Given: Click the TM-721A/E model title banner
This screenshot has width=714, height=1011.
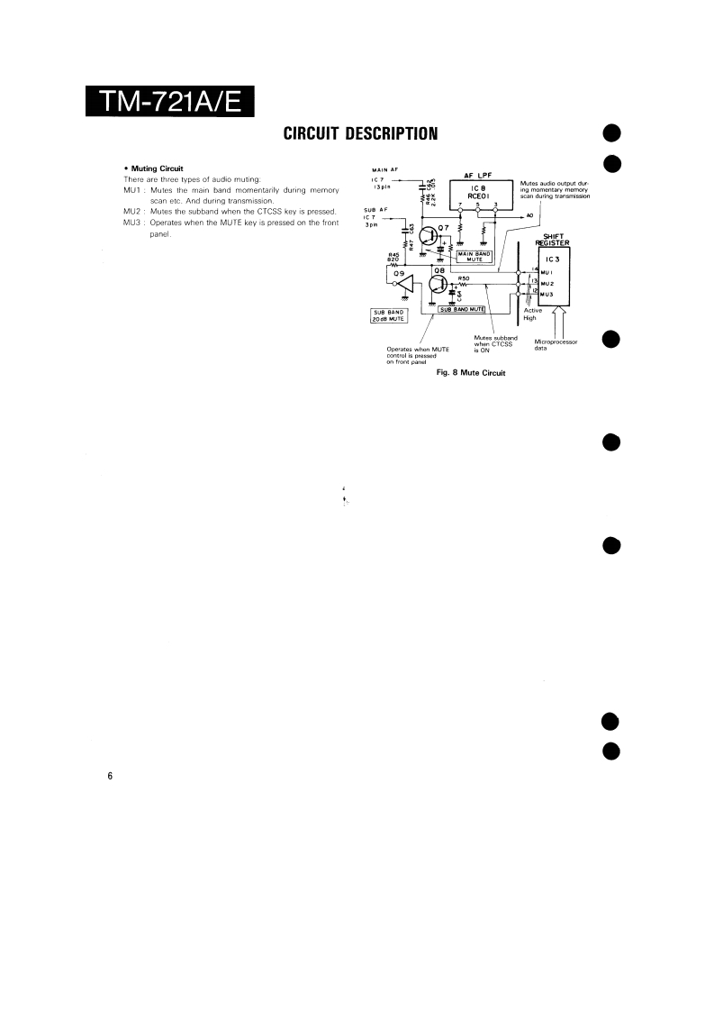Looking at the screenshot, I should coord(170,102).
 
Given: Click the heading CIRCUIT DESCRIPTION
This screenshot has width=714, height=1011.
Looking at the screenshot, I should coord(360,135).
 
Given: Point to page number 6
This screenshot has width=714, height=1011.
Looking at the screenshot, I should coord(110,777).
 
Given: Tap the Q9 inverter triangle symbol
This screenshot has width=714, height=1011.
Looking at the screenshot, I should coord(405,287).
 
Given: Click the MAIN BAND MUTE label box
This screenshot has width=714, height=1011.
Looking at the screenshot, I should coord(475,256).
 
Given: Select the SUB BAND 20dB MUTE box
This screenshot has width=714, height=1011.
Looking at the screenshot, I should coord(387,315).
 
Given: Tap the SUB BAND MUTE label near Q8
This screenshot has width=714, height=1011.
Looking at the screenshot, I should coord(462,309).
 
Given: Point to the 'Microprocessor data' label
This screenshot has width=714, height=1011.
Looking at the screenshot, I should coord(555,345).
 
